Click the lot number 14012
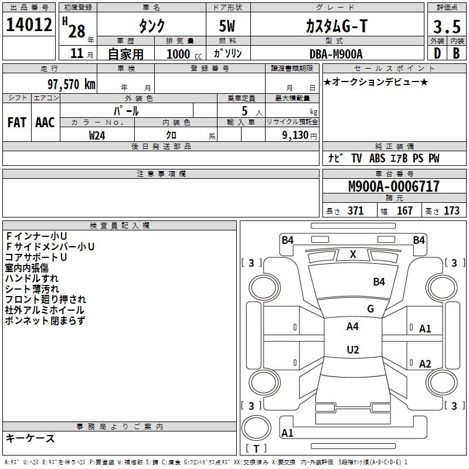tap(29, 26)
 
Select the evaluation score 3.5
tap(445, 26)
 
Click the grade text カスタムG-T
tap(337, 26)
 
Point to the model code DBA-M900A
tap(336, 54)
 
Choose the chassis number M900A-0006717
tap(393, 187)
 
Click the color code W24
tap(97, 135)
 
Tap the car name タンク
tap(151, 26)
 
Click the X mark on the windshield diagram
tap(353, 254)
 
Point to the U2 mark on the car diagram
tap(353, 349)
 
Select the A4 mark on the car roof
tap(353, 326)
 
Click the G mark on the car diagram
tap(371, 308)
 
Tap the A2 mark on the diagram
tap(426, 363)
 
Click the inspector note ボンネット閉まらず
tap(45, 321)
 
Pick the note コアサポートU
tap(36, 257)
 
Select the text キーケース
tap(30, 438)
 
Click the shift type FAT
tap(16, 122)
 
